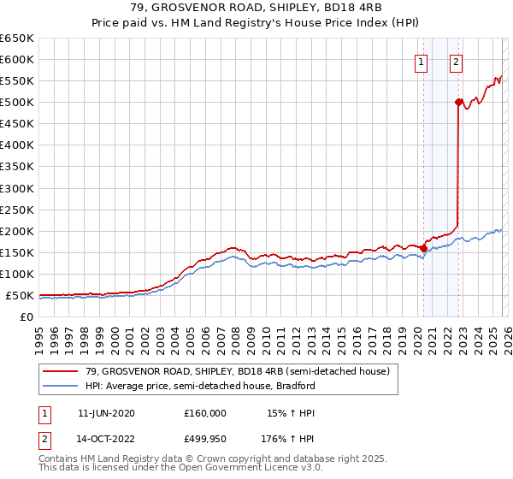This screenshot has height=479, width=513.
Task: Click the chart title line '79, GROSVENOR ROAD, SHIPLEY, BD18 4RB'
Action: pyautogui.click(x=256, y=8)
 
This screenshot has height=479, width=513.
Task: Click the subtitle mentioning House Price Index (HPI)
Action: pyautogui.click(x=256, y=23)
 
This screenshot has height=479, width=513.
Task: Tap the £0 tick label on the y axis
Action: pyautogui.click(x=26, y=317)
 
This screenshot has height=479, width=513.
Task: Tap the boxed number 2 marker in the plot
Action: pyautogui.click(x=457, y=62)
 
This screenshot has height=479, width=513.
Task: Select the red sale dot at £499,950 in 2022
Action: pyautogui.click(x=458, y=102)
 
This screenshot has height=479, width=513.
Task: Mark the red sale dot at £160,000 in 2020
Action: pyautogui.click(x=424, y=249)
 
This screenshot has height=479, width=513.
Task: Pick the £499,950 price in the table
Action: pyautogui.click(x=205, y=441)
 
